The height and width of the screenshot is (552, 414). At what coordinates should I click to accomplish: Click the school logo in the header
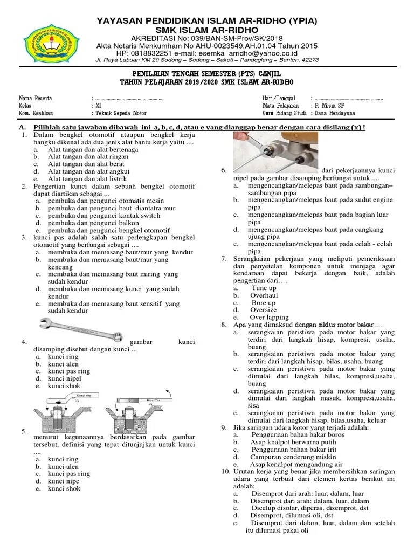click(x=46, y=45)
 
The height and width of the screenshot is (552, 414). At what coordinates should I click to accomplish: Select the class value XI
click(x=97, y=106)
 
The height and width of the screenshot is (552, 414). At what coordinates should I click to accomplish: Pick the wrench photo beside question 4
click(x=81, y=328)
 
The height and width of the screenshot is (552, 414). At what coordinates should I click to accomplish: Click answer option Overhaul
click(x=264, y=295)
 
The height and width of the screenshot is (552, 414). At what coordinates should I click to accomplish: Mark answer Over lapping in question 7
click(x=269, y=318)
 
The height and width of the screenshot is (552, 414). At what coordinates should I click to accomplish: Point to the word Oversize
click(x=263, y=310)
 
